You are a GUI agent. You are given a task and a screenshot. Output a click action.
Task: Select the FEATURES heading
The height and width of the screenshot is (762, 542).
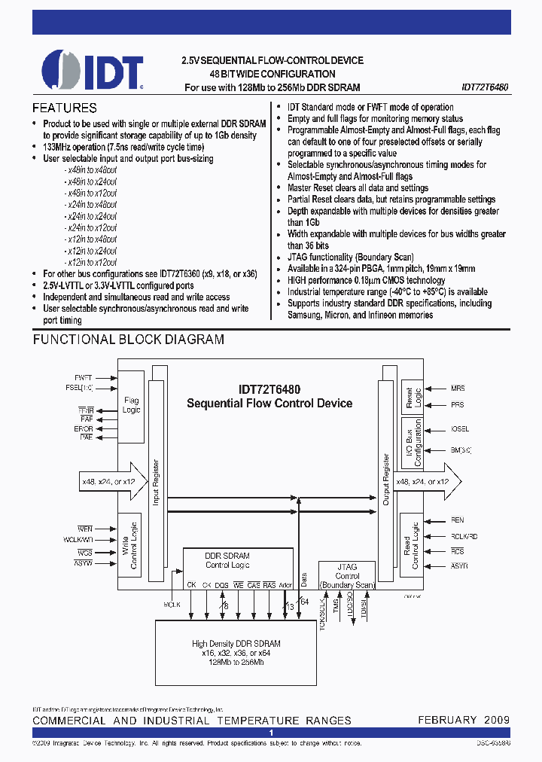[65, 108]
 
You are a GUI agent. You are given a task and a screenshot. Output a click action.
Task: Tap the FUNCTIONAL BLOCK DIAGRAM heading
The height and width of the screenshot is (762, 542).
[128, 340]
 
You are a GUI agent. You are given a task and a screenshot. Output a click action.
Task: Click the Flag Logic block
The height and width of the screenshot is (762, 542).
[131, 406]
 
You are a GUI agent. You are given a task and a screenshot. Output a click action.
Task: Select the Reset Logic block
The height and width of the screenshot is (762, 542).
[411, 398]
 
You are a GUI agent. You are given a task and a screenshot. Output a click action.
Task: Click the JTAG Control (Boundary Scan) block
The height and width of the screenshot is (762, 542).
[346, 576]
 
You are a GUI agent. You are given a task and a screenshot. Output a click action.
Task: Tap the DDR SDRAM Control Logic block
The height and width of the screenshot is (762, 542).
[227, 560]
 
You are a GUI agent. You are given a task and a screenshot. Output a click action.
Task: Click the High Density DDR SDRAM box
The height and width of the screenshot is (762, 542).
[236, 652]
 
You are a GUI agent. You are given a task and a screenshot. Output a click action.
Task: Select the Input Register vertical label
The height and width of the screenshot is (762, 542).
[156, 483]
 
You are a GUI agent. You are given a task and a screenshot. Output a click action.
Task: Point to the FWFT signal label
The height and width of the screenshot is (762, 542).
[84, 376]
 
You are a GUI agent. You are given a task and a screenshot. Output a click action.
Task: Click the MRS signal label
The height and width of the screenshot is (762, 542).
[458, 389]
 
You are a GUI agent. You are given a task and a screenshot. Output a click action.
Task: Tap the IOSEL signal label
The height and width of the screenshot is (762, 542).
[460, 429]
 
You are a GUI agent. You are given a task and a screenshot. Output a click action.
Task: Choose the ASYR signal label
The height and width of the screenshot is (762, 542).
[458, 565]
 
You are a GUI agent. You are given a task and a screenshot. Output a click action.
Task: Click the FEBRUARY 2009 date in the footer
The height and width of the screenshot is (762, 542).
[464, 720]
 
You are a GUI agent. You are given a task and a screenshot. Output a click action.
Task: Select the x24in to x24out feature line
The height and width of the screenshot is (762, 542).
[91, 216]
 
